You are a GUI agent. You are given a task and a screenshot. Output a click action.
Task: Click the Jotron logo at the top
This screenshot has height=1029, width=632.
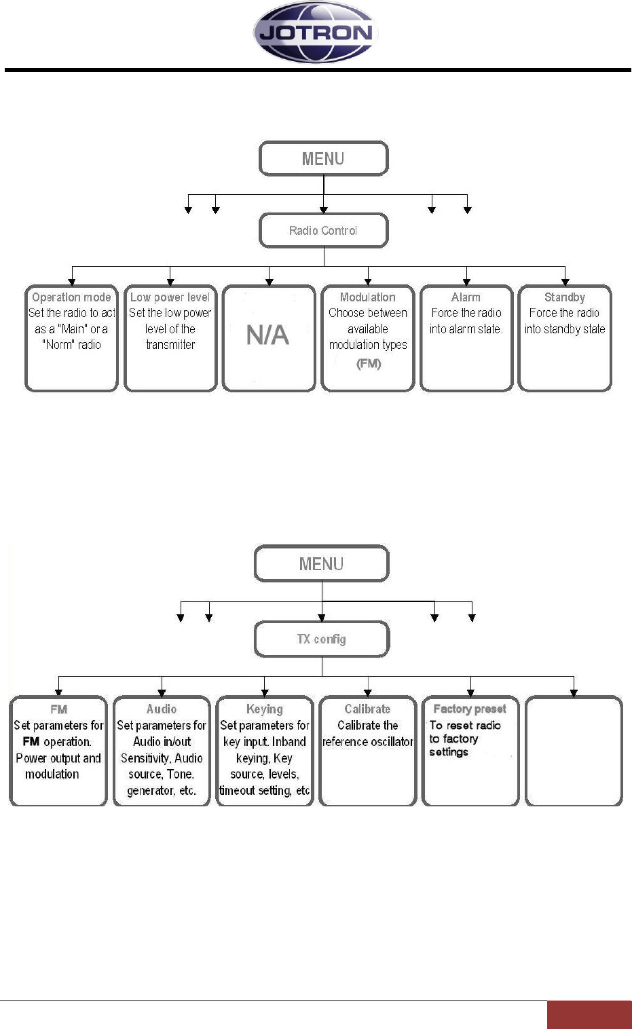coord(316,32)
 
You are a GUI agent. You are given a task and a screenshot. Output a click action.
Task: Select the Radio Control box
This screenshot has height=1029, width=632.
coord(324,230)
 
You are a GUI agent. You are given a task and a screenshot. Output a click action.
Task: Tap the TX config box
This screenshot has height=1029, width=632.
coord(322,639)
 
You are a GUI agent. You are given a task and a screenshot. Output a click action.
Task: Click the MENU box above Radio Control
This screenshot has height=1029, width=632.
coord(324,158)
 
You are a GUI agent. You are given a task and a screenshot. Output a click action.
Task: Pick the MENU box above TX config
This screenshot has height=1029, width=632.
coord(322,563)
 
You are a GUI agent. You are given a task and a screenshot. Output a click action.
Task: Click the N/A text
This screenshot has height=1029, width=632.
coord(267,335)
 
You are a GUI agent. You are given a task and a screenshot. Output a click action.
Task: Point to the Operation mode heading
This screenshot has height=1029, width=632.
coord(72,297)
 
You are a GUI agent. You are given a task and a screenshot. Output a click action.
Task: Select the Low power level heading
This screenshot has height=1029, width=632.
coord(170,297)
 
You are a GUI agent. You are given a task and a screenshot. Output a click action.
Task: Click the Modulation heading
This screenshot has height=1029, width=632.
coord(367,297)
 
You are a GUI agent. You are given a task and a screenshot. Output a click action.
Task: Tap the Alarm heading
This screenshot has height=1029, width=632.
coord(466,297)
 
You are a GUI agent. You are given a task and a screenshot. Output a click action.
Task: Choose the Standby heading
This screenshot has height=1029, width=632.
coord(565,298)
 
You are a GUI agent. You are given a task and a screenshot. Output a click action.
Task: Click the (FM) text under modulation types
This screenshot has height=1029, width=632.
coord(369,364)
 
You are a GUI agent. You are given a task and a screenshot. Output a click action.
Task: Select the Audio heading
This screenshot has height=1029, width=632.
coord(162,709)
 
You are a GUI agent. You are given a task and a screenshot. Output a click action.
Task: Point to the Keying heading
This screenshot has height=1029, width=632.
coord(265,709)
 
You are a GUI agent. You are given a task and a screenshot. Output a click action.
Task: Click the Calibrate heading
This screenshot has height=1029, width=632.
coord(367,709)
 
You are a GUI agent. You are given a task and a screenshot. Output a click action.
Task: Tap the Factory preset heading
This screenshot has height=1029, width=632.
coord(470,709)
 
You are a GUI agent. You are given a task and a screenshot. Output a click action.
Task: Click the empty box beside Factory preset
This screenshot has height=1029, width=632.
coord(574,751)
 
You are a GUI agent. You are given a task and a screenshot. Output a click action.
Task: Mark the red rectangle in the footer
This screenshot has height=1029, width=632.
coord(589,1015)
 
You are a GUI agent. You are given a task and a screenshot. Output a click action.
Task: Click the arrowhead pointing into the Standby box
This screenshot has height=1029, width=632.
coord(565,282)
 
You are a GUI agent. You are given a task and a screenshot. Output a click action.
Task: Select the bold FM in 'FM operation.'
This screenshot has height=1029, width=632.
coord(31,741)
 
